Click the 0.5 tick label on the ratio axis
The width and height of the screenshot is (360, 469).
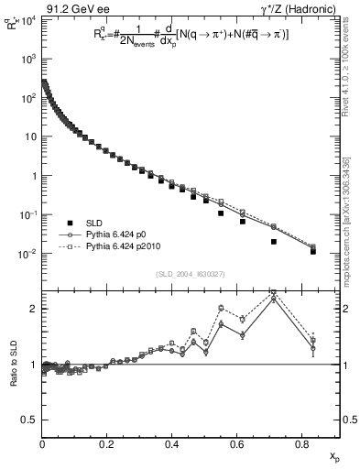(x=28, y=420)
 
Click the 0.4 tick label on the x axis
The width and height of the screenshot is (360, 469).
(x=172, y=444)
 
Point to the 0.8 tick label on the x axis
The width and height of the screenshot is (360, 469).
(x=301, y=444)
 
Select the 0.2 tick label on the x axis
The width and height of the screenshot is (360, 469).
(x=107, y=444)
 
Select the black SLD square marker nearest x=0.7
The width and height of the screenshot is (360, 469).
(x=274, y=242)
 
